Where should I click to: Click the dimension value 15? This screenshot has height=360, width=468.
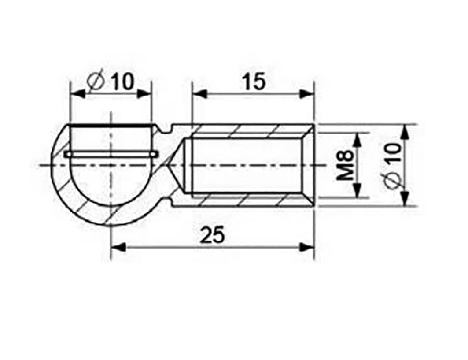coord(254,82)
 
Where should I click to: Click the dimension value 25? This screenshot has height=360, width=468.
coord(213,235)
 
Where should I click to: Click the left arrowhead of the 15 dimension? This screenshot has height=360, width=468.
coord(198,93)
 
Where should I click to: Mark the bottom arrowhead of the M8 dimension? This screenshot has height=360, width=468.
coord(358,192)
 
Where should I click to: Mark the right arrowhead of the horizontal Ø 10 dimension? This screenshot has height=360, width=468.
coord(144,93)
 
